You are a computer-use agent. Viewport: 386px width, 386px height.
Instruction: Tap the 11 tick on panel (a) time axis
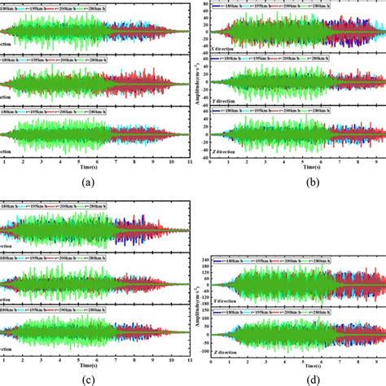coord(189,161)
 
